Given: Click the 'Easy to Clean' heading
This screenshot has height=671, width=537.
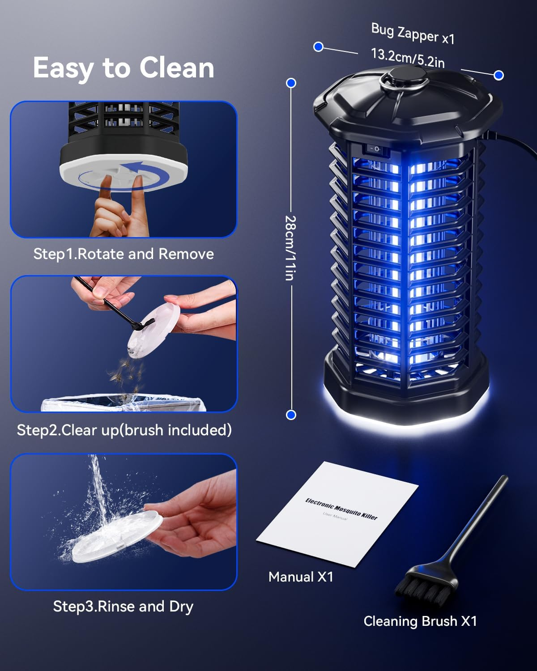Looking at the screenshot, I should (124, 68).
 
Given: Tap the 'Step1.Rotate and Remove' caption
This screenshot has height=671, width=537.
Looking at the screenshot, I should (124, 254).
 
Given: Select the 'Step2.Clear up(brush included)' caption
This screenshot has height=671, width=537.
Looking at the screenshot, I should (124, 430).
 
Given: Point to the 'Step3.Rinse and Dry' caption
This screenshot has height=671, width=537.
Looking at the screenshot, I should (123, 607).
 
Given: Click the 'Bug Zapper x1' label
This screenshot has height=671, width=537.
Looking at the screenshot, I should (413, 34).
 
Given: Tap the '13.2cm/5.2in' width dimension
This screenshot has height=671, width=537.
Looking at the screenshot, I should (408, 58).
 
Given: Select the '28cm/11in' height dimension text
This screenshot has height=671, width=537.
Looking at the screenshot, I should (290, 248).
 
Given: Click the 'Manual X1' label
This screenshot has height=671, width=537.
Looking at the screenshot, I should (301, 577).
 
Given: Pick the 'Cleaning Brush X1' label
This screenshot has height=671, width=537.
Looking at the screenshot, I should (420, 621).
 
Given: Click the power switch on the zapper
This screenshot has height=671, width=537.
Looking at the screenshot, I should (375, 149).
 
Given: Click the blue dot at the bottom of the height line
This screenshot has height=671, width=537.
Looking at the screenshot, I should (291, 415).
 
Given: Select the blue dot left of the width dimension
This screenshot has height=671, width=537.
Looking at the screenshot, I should (318, 47).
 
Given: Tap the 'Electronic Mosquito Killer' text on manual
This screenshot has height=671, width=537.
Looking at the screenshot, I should (341, 509).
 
